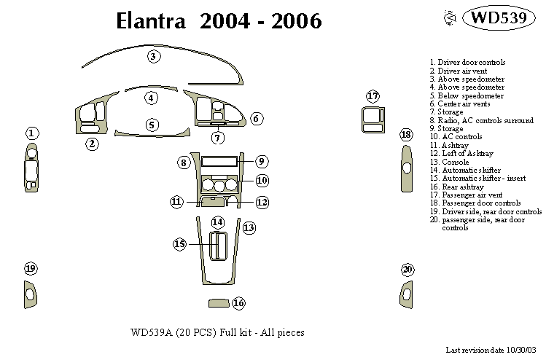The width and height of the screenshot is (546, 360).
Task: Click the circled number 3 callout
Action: pos(153,56)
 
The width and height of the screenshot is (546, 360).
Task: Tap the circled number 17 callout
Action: pos(373,97)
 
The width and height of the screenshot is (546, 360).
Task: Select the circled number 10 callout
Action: pos(262,180)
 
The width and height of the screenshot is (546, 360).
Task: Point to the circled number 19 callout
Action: pos(30,269)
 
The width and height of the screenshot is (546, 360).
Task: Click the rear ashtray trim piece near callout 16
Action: pos(218,303)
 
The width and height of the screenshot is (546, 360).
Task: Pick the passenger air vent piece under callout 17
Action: pos(373,120)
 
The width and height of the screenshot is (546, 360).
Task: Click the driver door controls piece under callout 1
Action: pos(31,170)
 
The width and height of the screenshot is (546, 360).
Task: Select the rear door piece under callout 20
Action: pos(405,294)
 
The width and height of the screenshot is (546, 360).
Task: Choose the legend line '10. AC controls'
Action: pos(456,137)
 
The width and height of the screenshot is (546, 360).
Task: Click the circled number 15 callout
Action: pos(180,244)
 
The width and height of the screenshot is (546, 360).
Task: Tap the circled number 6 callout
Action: pos(256,118)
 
